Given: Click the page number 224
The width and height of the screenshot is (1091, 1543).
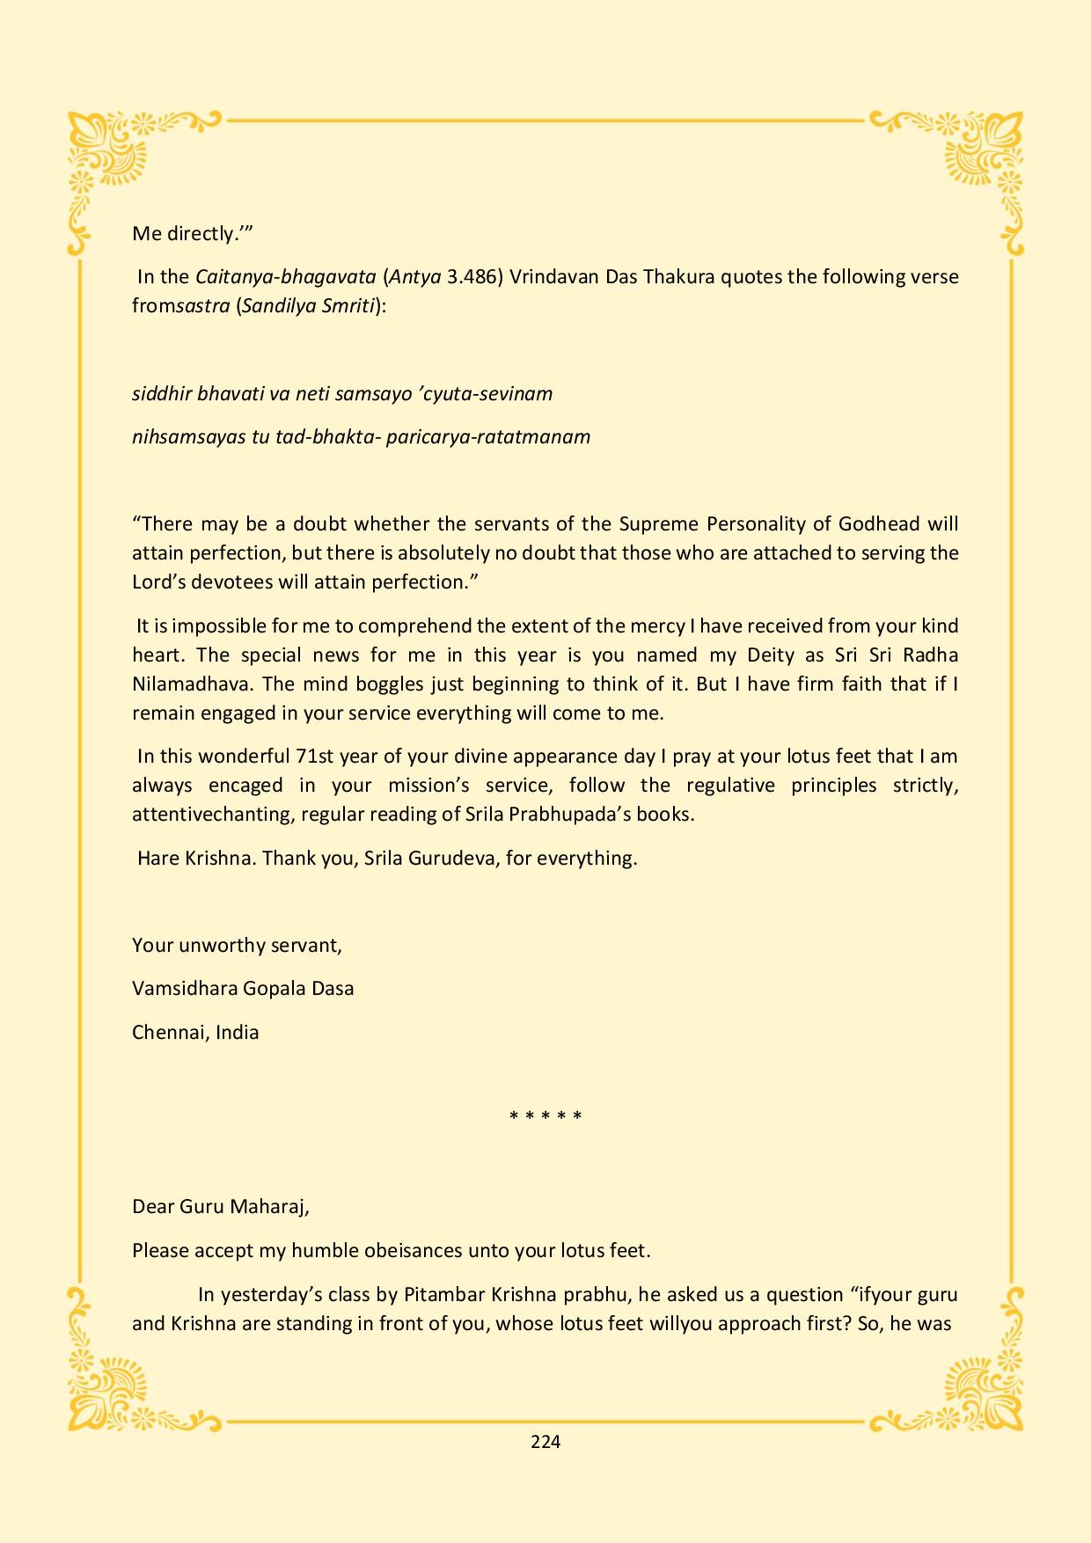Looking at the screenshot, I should coord(545,1441).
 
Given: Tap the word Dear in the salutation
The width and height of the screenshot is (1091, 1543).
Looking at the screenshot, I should coord(153,1206).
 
